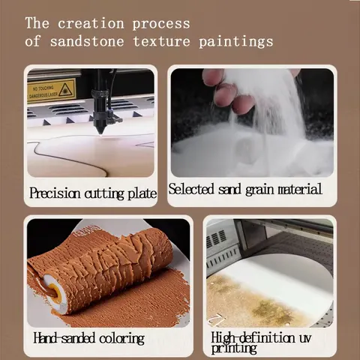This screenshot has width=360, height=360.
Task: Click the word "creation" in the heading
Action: [91, 24]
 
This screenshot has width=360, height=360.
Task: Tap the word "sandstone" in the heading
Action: [87, 41]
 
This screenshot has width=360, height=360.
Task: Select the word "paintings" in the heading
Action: [236, 41]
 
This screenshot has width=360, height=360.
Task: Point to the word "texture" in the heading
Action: [161, 41]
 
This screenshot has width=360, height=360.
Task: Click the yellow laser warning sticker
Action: [51, 90]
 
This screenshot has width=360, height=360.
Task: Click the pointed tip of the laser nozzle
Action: [100, 133]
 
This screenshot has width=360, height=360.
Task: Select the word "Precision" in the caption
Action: [55, 193]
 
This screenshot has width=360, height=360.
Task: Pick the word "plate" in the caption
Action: [142, 194]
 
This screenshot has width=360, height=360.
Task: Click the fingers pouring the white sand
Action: [226, 91]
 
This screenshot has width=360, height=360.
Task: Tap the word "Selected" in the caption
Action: [191, 189]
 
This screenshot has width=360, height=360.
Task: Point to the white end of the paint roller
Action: [55, 292]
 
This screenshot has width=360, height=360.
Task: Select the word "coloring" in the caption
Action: [121, 339]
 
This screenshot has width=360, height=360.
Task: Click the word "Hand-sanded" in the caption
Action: [64, 338]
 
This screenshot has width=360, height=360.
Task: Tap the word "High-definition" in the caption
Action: [253, 337]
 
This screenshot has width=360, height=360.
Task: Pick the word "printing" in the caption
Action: [234, 349]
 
